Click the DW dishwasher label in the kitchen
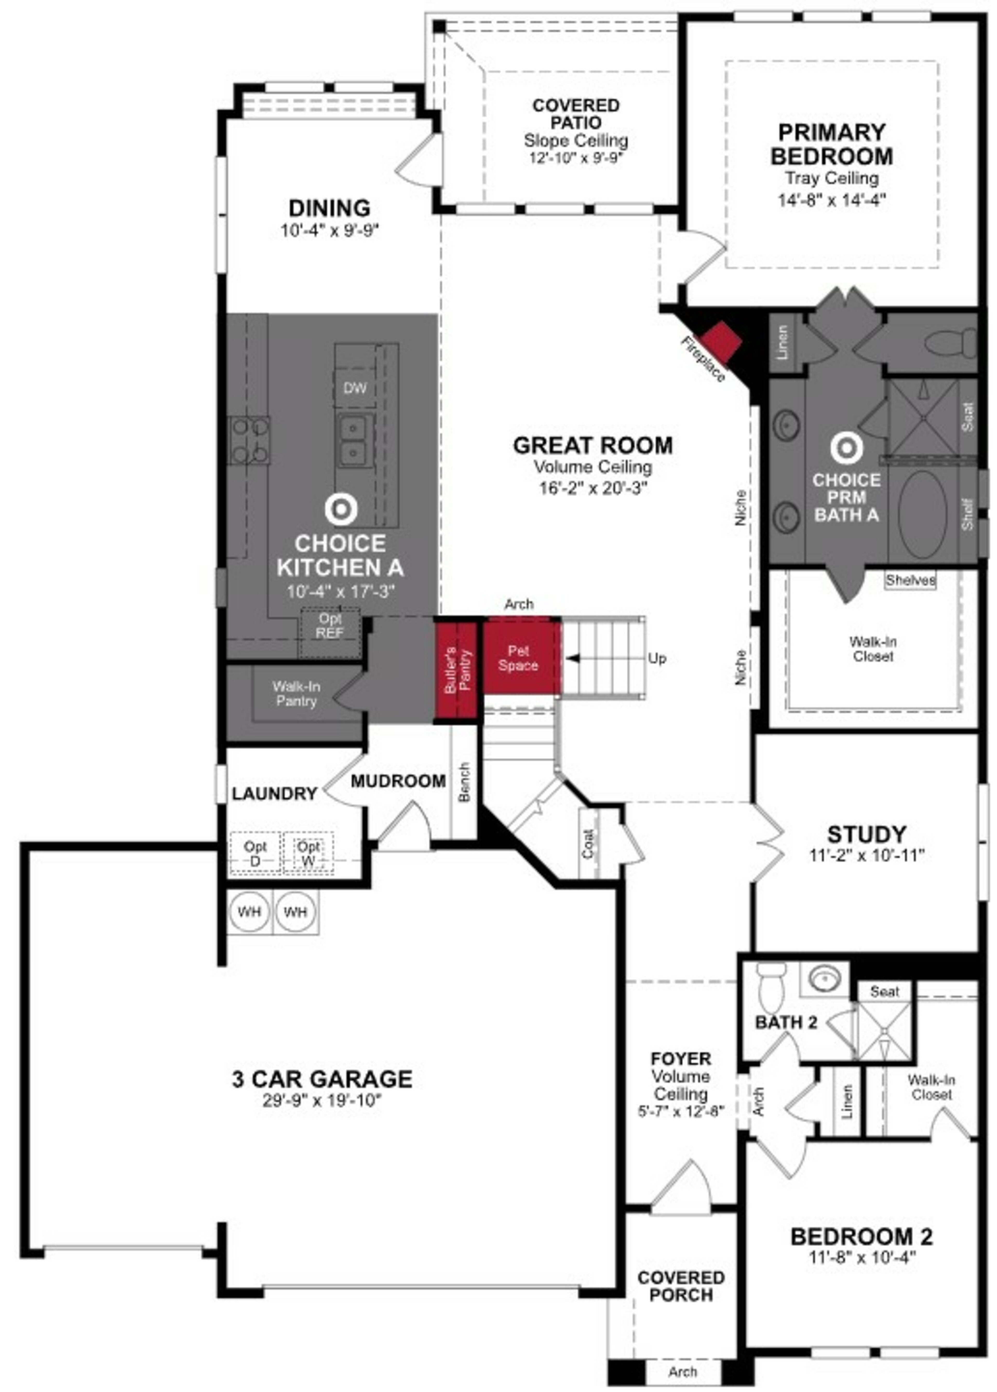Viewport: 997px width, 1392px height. pos(355,388)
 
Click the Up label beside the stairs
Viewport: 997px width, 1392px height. pos(656,659)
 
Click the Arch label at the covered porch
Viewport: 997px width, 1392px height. pos(682,1371)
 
